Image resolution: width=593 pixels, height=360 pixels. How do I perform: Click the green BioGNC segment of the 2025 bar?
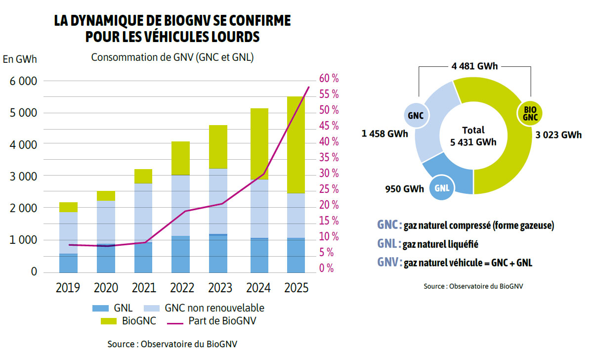[296, 144]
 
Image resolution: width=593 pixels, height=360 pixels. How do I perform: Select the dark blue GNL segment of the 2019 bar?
[68, 263]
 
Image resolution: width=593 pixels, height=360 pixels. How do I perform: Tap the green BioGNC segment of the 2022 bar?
[181, 158]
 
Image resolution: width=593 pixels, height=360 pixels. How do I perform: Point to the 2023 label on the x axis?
[218, 288]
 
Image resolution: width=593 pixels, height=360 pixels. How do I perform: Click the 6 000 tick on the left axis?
[20, 81]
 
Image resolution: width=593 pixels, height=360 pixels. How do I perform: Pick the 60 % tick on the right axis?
[329, 78]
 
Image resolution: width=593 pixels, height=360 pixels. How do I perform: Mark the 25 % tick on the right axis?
[329, 189]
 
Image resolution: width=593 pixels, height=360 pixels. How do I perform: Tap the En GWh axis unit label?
[20, 59]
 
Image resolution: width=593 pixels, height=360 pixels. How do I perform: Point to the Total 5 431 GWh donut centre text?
[473, 136]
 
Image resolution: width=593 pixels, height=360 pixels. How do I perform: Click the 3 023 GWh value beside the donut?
[558, 135]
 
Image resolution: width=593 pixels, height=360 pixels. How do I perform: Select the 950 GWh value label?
[404, 189]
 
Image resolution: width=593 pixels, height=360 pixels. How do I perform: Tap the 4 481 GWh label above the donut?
[474, 66]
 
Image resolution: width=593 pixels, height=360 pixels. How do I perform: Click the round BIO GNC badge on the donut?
[530, 113]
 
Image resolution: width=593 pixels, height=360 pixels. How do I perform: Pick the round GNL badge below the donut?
[442, 188]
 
